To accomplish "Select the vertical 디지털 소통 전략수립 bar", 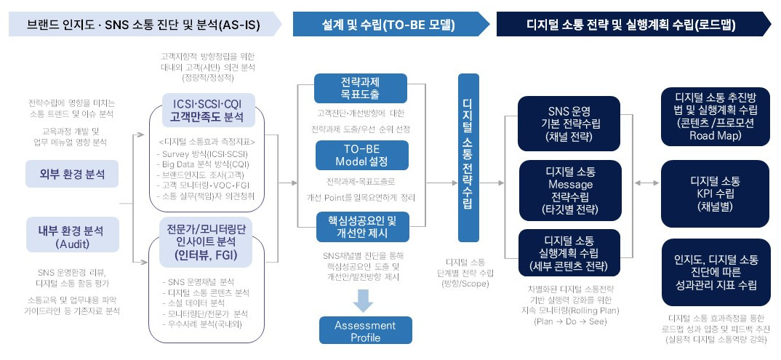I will tap(468, 157).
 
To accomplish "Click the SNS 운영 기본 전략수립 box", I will tap(569, 119).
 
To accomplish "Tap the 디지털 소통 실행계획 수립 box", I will tap(569, 253).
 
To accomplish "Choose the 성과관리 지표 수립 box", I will tap(715, 272).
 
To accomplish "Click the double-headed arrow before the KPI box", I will tap(642, 185).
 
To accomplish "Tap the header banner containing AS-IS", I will tap(145, 25).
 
